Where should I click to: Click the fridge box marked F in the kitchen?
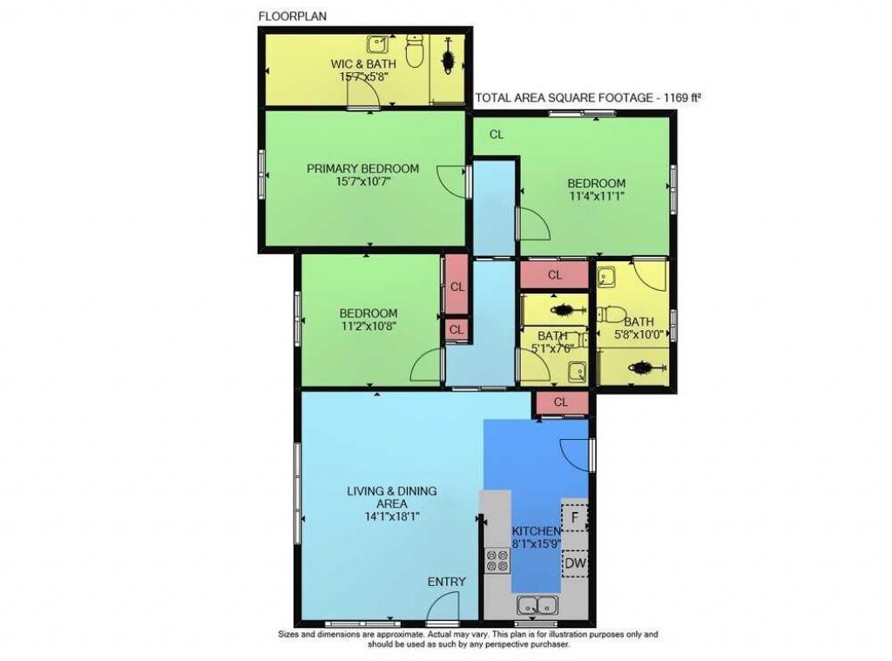point(574,516)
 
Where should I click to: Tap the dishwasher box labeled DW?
point(574,563)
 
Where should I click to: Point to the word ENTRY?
point(446,582)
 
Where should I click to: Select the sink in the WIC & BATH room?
point(377,44)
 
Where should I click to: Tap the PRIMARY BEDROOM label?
point(362,169)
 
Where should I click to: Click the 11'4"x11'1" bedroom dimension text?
point(596,197)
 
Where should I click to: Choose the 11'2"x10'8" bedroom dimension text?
point(368,327)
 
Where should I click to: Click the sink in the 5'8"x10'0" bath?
point(607,276)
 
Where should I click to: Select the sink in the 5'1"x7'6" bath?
point(576,373)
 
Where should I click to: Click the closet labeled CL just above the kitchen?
point(560,401)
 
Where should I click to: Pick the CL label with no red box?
point(497,134)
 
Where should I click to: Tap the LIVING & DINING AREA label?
point(392,497)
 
